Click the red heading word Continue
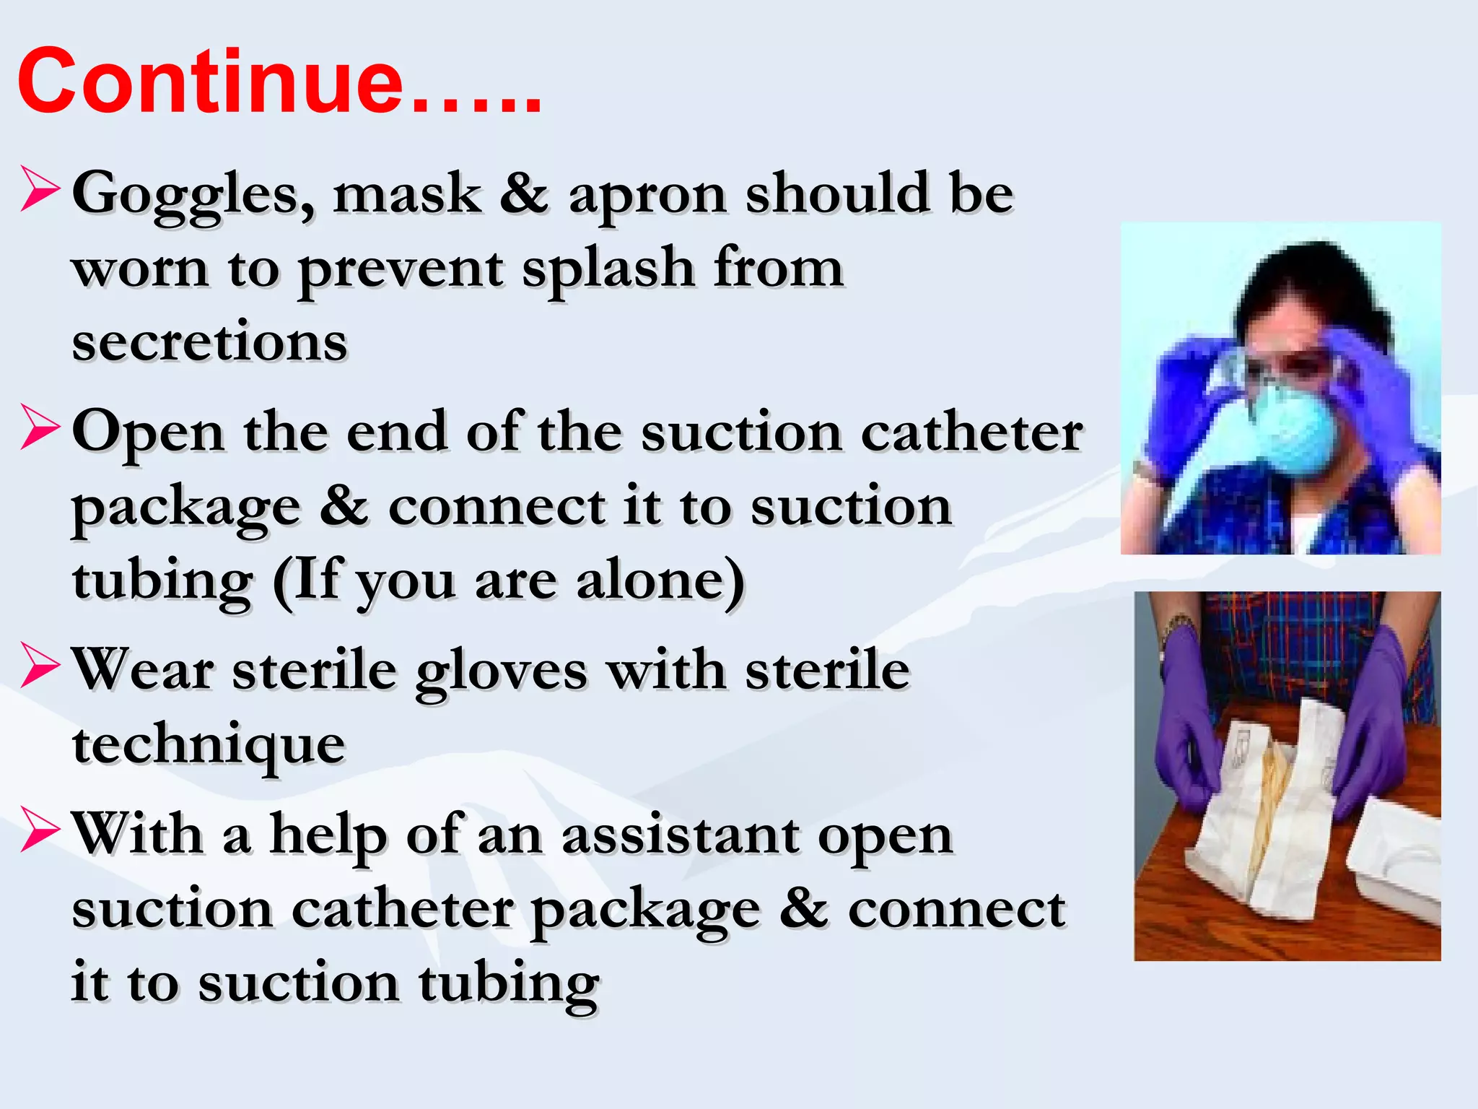point(209,81)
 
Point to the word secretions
point(209,342)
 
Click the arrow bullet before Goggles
point(40,189)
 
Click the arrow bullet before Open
point(40,427)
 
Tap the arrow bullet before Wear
point(40,666)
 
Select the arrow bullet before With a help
point(40,830)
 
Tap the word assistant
point(680,836)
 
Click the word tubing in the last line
point(508,983)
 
